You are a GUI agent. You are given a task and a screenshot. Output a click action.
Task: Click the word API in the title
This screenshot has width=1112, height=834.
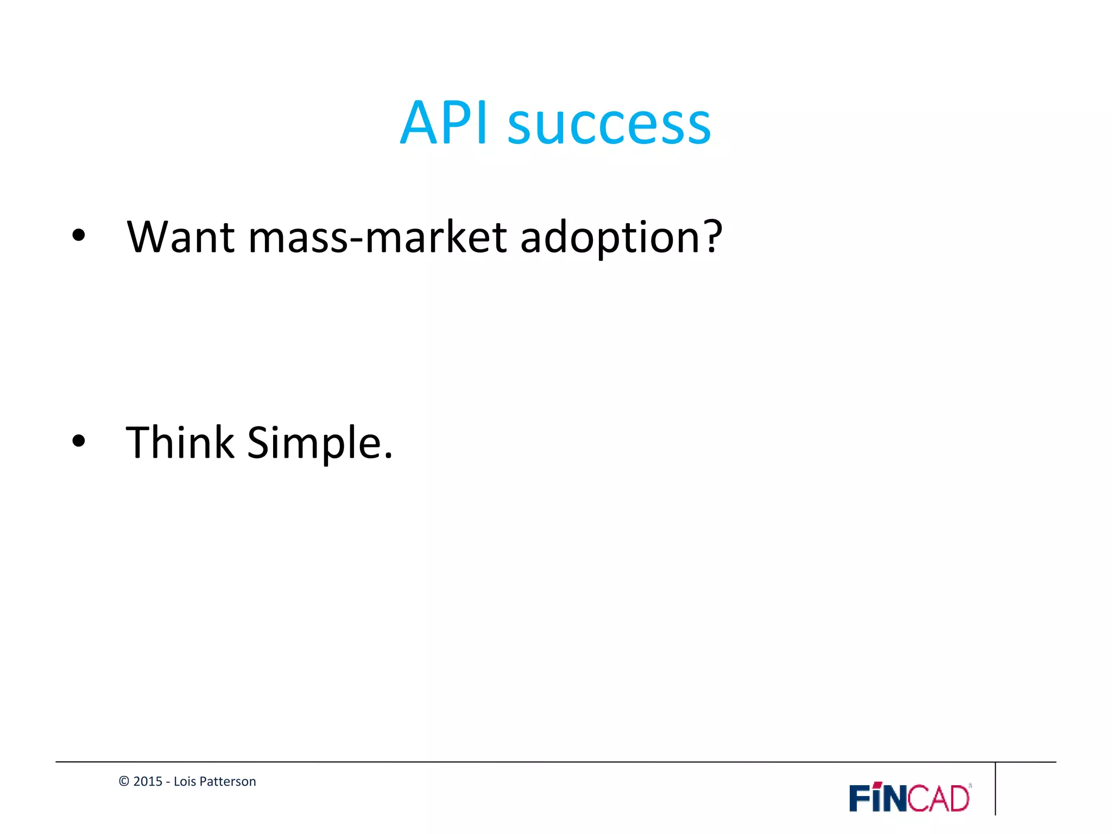444,124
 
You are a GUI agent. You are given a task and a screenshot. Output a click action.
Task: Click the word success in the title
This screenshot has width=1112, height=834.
609,126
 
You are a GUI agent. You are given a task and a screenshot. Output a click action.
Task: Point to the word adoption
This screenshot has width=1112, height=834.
606,239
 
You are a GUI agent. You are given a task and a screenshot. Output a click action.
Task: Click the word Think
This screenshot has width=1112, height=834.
180,442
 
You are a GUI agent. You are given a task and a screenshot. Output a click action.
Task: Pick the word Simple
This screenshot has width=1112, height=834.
314,443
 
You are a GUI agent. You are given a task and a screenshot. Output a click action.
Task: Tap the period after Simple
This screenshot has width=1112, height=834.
388,457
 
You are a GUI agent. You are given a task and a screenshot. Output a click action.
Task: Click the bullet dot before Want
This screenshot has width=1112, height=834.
79,236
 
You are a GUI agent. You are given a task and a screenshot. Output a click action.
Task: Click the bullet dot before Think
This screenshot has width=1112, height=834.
79,441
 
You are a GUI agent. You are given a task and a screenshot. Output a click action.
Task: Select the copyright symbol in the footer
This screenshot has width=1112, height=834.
124,781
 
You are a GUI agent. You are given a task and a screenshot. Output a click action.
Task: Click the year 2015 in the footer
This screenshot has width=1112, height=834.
148,781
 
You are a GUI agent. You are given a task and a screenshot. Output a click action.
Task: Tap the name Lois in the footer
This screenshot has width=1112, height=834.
185,781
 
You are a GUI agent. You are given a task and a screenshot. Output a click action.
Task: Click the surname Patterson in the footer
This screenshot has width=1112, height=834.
228,781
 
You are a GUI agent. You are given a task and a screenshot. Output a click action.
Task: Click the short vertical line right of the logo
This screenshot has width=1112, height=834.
995,788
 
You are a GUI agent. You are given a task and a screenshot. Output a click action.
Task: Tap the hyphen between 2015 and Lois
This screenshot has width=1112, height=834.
168,782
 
